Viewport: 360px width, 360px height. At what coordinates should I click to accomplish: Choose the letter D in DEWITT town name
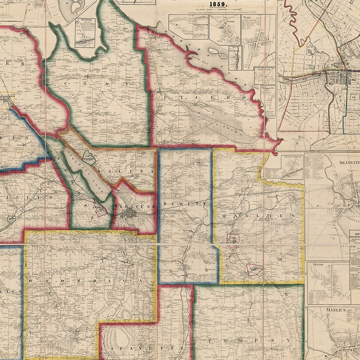[x=165, y=204]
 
